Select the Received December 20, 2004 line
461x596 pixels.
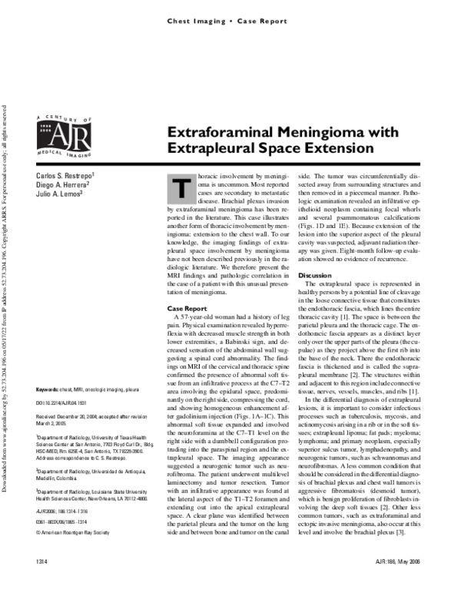(80, 416)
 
